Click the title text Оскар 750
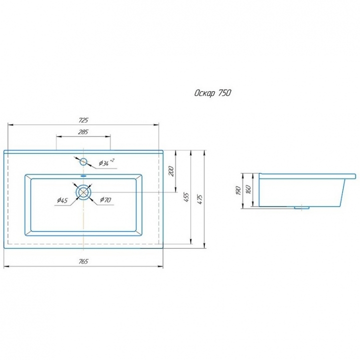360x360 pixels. pos(212,93)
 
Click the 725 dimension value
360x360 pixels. pos(83,120)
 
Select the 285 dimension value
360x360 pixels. pos(83,132)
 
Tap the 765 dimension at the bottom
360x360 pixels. pos(83,261)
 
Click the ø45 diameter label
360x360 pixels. pos(62,200)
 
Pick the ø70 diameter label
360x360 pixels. pos(105,199)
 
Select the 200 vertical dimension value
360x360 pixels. pos(171,171)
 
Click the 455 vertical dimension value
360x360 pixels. pos(186,197)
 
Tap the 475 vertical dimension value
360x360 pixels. pos(200,199)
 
